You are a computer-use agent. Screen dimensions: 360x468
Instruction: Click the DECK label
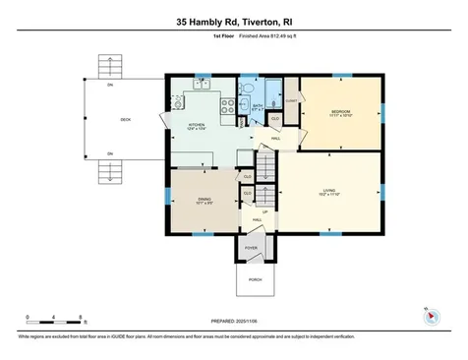[125, 120]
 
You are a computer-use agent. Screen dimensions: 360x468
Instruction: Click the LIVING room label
[329, 191]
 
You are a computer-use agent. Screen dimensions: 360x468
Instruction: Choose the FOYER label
[251, 249]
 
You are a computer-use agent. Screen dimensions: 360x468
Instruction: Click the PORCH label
[255, 279]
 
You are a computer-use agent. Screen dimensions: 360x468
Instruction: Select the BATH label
[257, 106]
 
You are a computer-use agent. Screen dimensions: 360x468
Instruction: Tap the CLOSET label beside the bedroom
[291, 100]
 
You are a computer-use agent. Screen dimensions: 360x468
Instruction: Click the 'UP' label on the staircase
[263, 210]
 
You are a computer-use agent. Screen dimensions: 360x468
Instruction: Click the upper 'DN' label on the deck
[111, 85]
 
